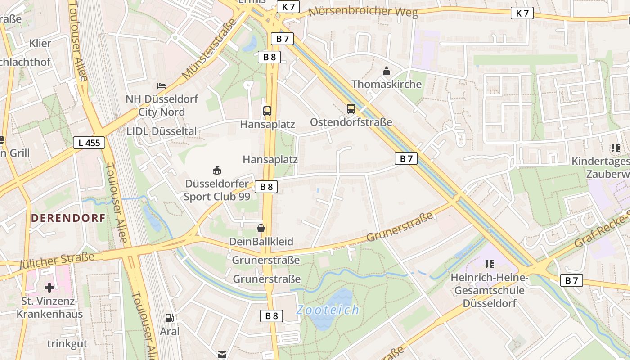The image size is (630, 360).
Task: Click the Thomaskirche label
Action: pyautogui.click(x=387, y=84)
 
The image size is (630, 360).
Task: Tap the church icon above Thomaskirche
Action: pyautogui.click(x=386, y=71)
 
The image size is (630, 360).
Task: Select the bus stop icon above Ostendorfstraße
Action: pyautogui.click(x=351, y=109)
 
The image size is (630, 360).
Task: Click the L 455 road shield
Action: pyautogui.click(x=89, y=143)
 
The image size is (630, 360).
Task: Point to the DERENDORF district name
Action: pyautogui.click(x=68, y=218)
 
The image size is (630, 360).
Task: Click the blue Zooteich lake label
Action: pyautogui.click(x=328, y=310)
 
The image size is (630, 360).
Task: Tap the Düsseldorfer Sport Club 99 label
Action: pyautogui.click(x=217, y=190)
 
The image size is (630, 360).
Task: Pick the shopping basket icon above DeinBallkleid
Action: pyautogui.click(x=261, y=229)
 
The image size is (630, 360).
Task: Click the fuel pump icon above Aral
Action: pyautogui.click(x=170, y=318)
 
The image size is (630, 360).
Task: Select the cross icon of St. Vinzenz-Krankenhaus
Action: pyautogui.click(x=49, y=287)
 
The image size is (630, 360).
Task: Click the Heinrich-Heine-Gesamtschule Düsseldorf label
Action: pyautogui.click(x=490, y=290)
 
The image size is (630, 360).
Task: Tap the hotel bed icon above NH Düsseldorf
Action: pyautogui.click(x=162, y=85)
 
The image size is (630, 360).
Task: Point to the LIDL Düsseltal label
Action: pyautogui.click(x=162, y=131)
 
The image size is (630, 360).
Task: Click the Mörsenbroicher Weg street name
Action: pyautogui.click(x=363, y=12)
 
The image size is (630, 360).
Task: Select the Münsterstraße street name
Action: pyautogui.click(x=210, y=49)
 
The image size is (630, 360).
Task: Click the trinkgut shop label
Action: pyautogui.click(x=67, y=343)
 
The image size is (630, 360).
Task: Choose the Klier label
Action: pyautogui.click(x=40, y=44)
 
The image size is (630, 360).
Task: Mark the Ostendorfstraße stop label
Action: pyautogui.click(x=351, y=122)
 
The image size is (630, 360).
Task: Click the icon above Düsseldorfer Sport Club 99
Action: pyautogui.click(x=217, y=170)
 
